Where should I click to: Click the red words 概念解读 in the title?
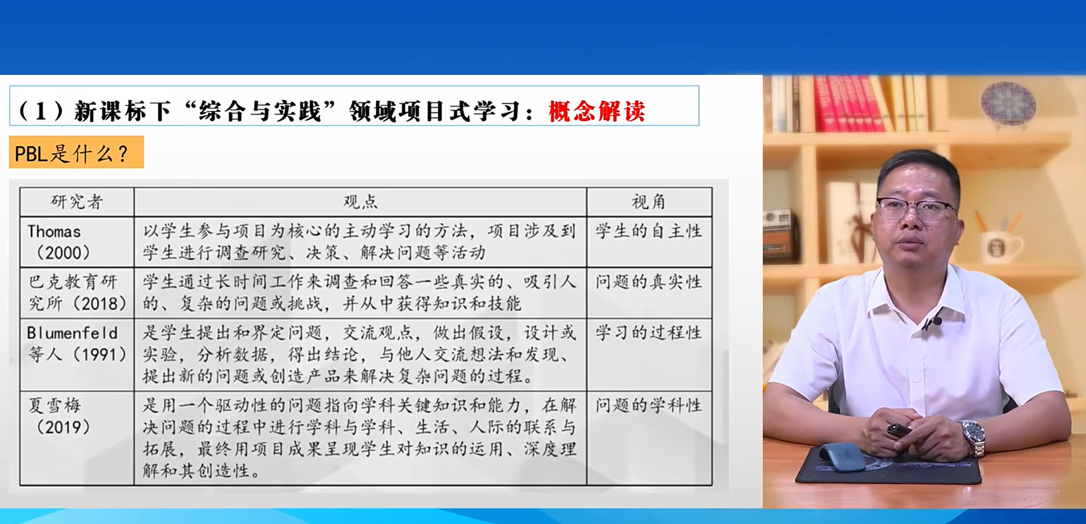click(x=596, y=111)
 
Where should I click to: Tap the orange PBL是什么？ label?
click(x=76, y=152)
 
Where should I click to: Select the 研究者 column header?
click(x=77, y=201)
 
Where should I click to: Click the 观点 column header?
click(x=360, y=201)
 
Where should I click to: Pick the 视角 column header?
click(x=649, y=201)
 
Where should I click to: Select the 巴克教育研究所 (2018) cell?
click(x=77, y=292)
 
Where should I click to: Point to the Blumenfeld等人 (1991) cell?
click(x=77, y=343)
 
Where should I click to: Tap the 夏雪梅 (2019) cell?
click(x=62, y=416)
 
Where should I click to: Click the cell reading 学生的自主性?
click(x=649, y=231)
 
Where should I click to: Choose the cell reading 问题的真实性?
click(x=649, y=281)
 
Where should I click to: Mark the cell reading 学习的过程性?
click(x=649, y=333)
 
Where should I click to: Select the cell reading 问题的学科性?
click(x=649, y=405)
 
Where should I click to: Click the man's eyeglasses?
click(x=915, y=209)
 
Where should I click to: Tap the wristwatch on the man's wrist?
click(x=973, y=437)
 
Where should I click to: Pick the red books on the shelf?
click(x=848, y=104)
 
